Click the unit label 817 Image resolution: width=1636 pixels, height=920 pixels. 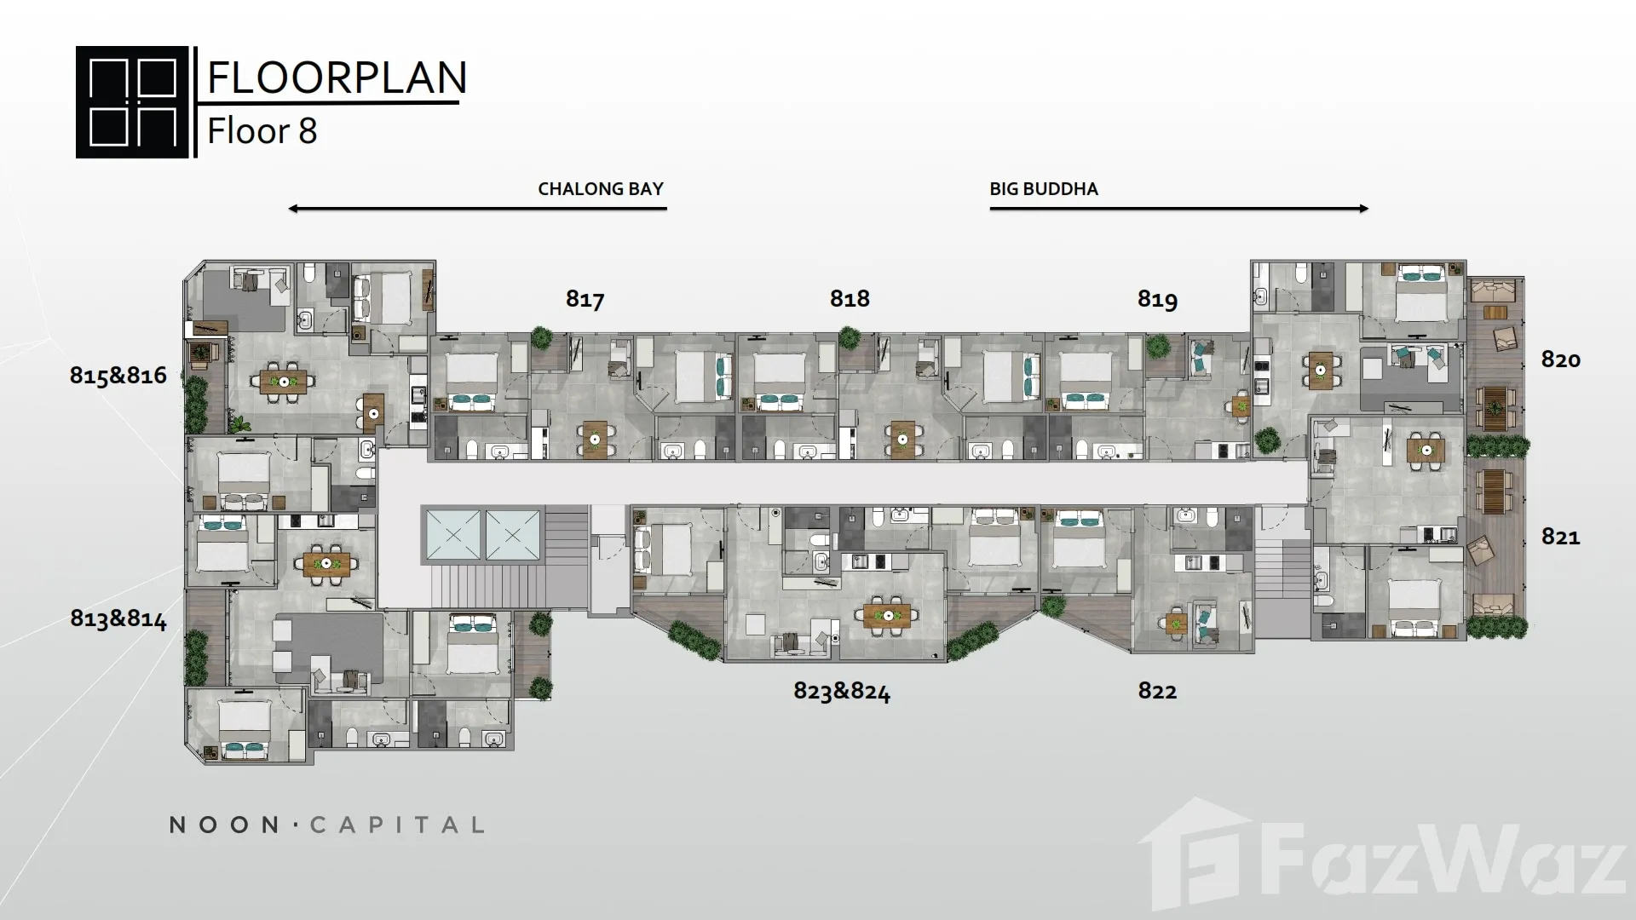tap(585, 299)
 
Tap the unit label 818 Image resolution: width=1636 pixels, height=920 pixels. tap(850, 298)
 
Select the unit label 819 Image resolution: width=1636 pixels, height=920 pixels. tap(1157, 299)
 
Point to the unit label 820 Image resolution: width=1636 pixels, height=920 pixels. tap(1560, 359)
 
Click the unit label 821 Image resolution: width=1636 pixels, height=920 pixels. tap(1560, 537)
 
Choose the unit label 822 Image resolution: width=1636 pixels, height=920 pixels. tap(1157, 691)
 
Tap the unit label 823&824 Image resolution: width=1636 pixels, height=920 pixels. tap(842, 691)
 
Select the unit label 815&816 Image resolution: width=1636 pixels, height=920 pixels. tap(118, 376)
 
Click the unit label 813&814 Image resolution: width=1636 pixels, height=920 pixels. tap(118, 618)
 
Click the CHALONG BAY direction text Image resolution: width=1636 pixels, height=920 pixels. tap(601, 189)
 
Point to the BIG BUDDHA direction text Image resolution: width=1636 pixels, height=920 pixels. tap(1044, 189)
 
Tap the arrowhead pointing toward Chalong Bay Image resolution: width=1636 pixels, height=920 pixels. tap(293, 209)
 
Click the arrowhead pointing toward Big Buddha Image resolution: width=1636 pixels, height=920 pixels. tap(1363, 209)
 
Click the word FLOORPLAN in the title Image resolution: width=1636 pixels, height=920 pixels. tap(337, 77)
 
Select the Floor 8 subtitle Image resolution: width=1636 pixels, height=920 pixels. tap(262, 131)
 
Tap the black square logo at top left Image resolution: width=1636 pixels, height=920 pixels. tap(132, 102)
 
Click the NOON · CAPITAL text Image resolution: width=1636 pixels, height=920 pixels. tap(327, 825)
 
